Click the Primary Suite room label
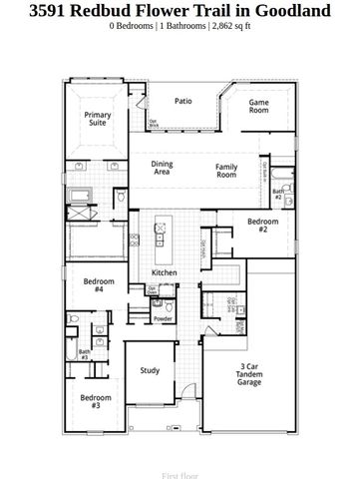[97, 118]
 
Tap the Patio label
[182, 101]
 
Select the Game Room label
[259, 106]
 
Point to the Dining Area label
[162, 168]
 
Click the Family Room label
[226, 171]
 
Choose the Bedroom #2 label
[263, 225]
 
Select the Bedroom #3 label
[96, 401]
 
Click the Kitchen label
[164, 272]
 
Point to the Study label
[150, 370]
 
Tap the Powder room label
[163, 318]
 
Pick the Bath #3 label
[84, 353]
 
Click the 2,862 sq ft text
[230, 27]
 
